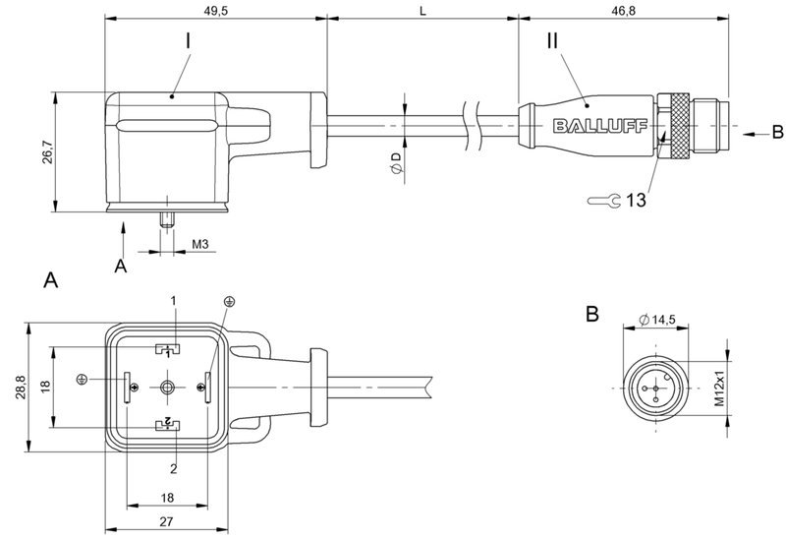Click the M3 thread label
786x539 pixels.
(199, 244)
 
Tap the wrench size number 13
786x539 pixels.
(636, 201)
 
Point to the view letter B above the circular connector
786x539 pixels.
(591, 315)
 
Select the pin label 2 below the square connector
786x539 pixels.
(172, 468)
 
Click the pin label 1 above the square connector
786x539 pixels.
(172, 299)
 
